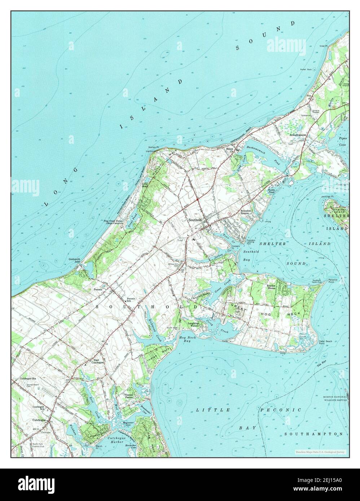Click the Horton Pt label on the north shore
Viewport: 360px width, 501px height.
click(x=156, y=147)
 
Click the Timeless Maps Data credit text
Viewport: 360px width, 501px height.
click(x=319, y=452)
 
